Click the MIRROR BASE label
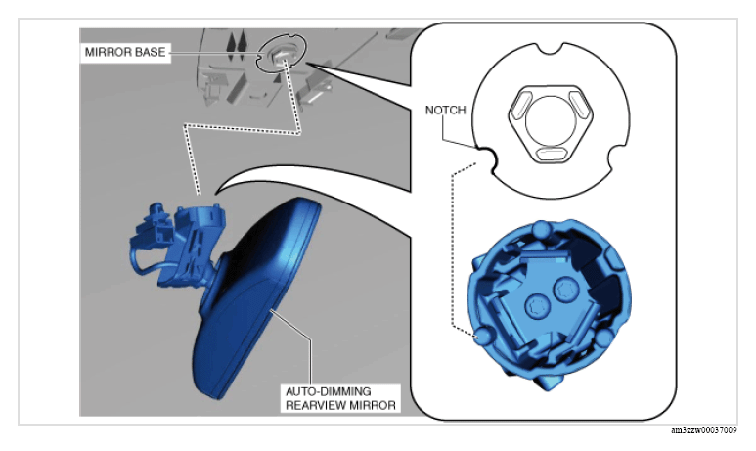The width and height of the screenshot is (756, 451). pyautogui.click(x=125, y=52)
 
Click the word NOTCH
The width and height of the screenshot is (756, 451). pyautogui.click(x=446, y=110)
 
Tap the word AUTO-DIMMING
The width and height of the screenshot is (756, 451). pyautogui.click(x=329, y=391)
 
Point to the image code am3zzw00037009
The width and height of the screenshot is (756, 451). pyautogui.click(x=704, y=430)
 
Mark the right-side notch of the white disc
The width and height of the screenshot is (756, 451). pyautogui.click(x=618, y=157)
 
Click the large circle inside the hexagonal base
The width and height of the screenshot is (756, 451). pyautogui.click(x=551, y=119)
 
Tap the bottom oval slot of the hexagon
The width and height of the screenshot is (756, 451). pyautogui.click(x=551, y=155)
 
